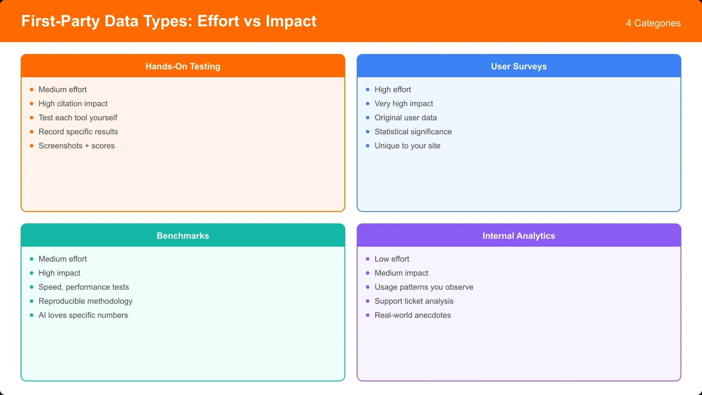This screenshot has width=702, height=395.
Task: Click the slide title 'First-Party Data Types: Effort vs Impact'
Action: pyautogui.click(x=169, y=21)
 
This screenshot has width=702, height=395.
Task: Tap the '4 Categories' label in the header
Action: pyautogui.click(x=653, y=23)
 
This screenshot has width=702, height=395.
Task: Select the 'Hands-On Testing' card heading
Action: pyautogui.click(x=183, y=66)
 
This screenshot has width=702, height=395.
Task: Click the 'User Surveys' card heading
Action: pyautogui.click(x=519, y=66)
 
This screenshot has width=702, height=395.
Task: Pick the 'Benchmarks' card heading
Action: pyautogui.click(x=183, y=236)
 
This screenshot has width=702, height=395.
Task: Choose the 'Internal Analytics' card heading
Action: pyautogui.click(x=519, y=236)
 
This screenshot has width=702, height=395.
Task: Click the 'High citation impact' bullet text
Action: pyautogui.click(x=73, y=104)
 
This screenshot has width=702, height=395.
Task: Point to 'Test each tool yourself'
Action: pyautogui.click(x=78, y=118)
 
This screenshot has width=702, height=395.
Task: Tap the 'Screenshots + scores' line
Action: pyautogui.click(x=76, y=146)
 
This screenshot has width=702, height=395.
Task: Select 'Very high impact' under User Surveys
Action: pyautogui.click(x=404, y=104)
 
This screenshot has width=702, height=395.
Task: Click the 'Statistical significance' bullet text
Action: pyautogui.click(x=413, y=132)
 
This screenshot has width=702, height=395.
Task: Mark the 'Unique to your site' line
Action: pyautogui.click(x=407, y=146)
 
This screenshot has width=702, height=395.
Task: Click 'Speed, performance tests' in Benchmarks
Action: pyautogui.click(x=83, y=287)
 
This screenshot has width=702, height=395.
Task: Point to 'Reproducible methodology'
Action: pyautogui.click(x=85, y=301)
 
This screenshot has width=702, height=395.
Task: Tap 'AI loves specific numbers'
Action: pyautogui.click(x=83, y=315)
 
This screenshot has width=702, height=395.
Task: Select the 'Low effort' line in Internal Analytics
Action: pyautogui.click(x=391, y=259)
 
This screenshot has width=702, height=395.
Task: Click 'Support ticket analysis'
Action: pyautogui.click(x=414, y=301)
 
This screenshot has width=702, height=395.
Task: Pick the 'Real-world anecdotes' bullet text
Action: pyautogui.click(x=412, y=315)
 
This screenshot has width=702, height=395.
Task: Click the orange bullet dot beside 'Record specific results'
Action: pyautogui.click(x=32, y=132)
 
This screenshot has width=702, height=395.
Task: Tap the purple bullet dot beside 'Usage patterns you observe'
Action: pyautogui.click(x=368, y=287)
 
